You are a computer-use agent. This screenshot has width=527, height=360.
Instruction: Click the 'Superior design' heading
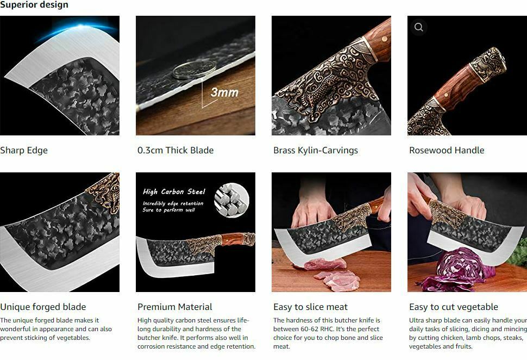34,5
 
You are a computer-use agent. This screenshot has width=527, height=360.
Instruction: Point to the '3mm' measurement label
224,92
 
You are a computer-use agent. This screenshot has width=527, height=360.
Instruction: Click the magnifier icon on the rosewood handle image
418,27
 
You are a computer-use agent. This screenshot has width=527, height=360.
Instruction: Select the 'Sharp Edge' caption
24,151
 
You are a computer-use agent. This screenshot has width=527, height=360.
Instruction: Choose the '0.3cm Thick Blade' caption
175,151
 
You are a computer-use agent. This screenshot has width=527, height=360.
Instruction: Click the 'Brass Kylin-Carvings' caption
316,151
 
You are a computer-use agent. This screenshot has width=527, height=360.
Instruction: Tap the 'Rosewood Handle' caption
447,151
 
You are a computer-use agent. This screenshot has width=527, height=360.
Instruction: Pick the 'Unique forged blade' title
43,307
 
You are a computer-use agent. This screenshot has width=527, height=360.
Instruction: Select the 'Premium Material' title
175,307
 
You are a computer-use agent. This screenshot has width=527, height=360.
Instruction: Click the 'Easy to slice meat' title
311,307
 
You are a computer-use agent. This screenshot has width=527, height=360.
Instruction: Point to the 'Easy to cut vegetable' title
454,307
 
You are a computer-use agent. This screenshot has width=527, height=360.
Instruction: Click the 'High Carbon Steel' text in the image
174,191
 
